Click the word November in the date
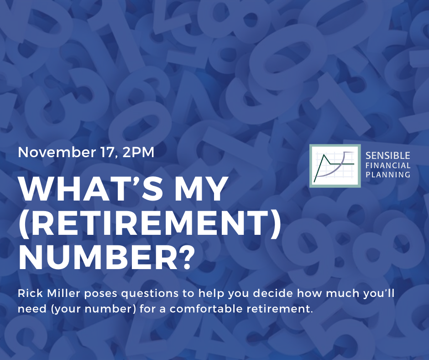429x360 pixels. point(56,152)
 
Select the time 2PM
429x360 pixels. point(138,152)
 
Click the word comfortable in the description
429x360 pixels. point(206,309)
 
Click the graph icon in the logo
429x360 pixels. point(335,166)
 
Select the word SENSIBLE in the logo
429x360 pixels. point(387,156)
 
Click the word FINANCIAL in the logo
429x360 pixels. point(388,165)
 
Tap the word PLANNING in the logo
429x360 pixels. point(388,175)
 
